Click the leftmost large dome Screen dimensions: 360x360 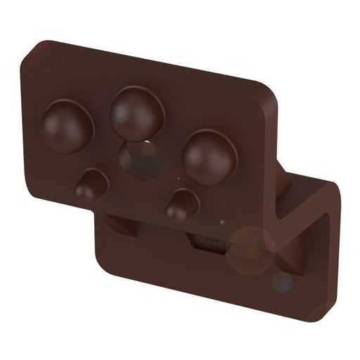(67, 127)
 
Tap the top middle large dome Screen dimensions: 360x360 (136, 111)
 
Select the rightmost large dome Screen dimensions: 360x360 (210, 156)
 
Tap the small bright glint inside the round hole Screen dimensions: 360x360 (148, 148)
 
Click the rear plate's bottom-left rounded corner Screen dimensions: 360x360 (103, 266)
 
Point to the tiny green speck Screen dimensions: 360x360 (223, 224)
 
